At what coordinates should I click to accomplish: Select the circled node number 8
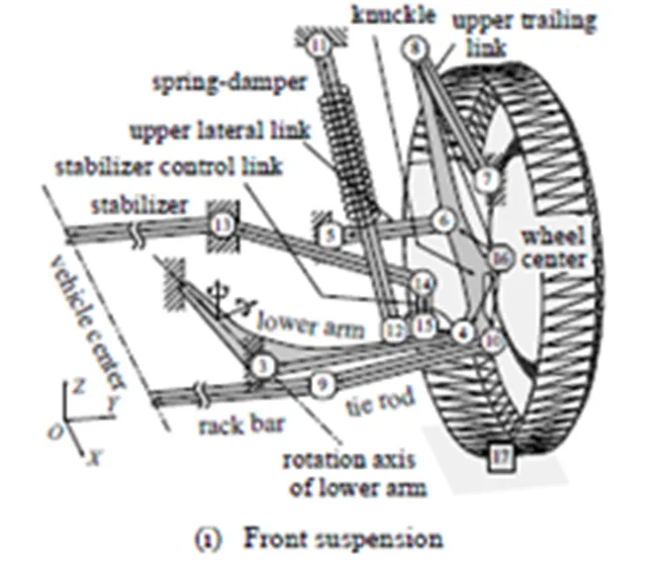click(x=414, y=47)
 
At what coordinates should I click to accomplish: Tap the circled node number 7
click(x=485, y=179)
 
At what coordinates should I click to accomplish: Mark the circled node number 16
click(x=499, y=259)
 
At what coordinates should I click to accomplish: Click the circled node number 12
click(x=396, y=328)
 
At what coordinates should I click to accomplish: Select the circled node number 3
click(x=261, y=366)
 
